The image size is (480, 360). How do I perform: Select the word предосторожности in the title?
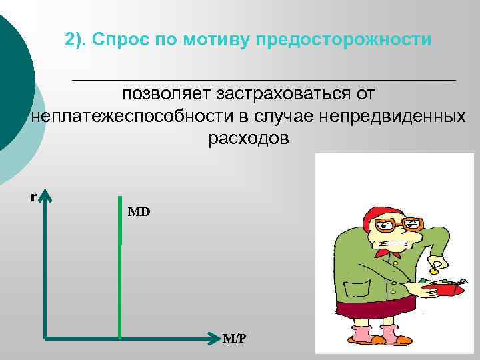coord(366,39)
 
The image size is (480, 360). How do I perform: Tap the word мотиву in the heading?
coord(220,39)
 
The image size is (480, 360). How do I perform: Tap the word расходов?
coord(249,139)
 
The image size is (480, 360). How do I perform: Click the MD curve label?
coord(139,212)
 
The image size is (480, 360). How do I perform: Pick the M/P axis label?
coord(234,339)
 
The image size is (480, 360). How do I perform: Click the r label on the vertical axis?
coord(33,197)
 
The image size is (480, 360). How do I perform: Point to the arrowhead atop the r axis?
coord(47,195)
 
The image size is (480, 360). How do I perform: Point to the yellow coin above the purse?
coord(434,271)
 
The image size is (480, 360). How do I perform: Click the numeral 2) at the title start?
coord(75,39)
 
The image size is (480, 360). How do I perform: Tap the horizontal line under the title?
coord(263,79)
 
